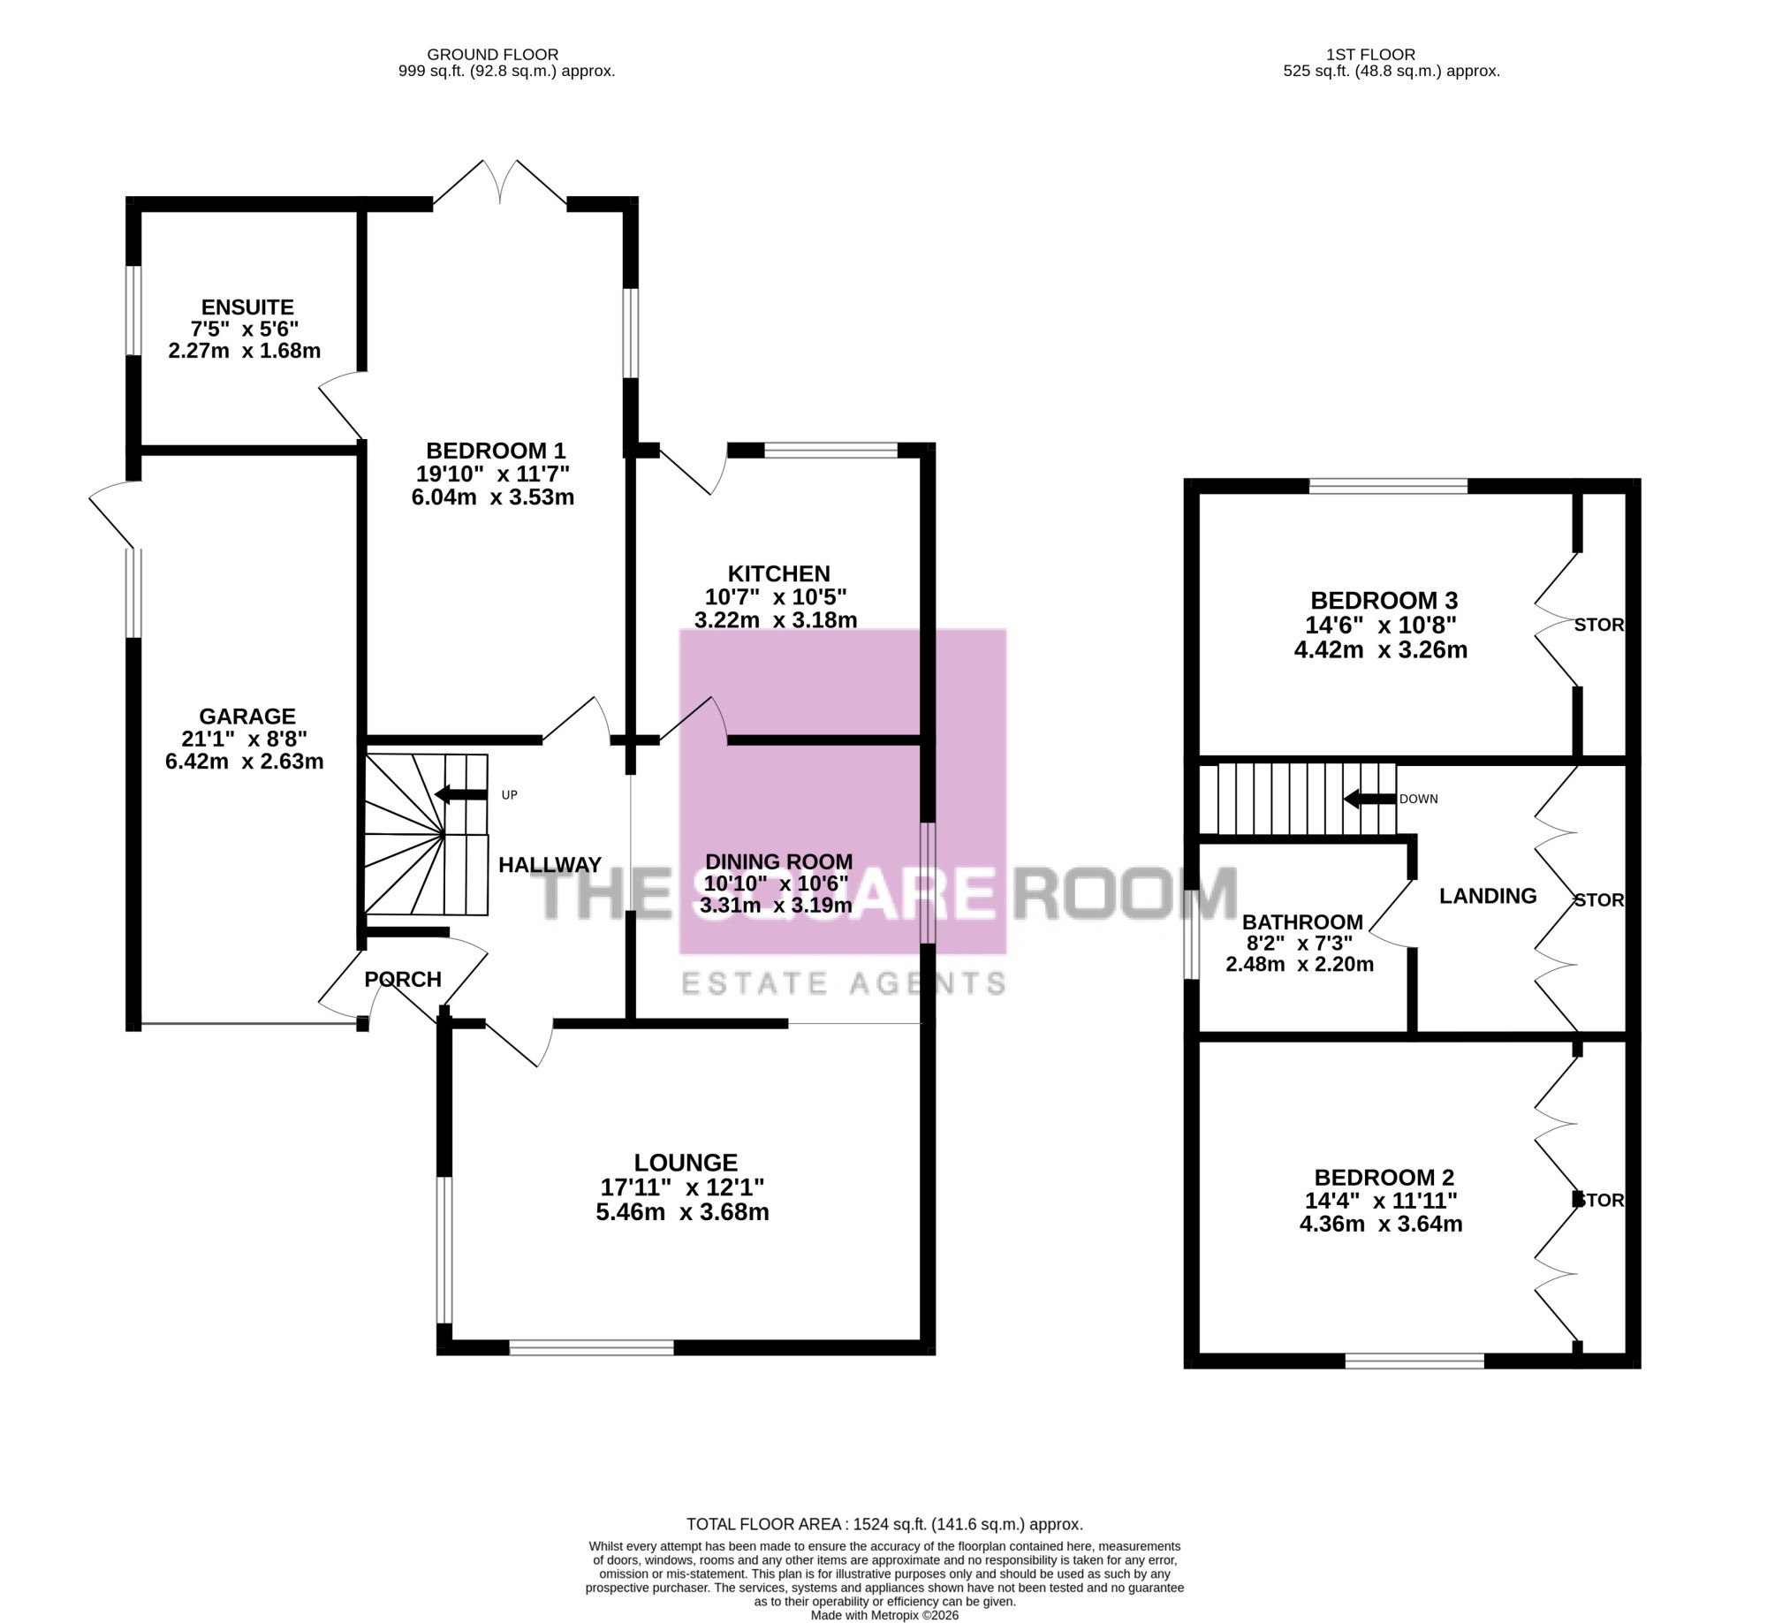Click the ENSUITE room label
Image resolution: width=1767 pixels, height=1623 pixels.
[247, 307]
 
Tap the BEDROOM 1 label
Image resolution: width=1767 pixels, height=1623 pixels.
[496, 451]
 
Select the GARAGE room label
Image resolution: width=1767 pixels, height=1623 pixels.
[247, 717]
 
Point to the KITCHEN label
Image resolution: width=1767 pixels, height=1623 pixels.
[778, 573]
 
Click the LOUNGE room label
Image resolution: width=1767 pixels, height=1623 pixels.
[686, 1163]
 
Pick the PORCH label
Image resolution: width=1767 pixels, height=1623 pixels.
[403, 979]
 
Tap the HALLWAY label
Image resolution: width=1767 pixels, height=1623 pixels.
[550, 865]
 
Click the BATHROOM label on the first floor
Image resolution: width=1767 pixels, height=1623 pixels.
[1302, 922]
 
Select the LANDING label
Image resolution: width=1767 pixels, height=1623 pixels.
[1488, 896]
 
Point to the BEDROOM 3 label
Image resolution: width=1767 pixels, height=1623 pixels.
[1384, 601]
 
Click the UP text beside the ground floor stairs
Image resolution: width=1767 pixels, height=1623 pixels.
[510, 795]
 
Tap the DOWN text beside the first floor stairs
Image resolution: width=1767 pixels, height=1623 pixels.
[1418, 799]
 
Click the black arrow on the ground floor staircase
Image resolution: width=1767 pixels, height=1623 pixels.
[460, 795]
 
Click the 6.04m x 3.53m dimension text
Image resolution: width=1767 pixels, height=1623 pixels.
[493, 497]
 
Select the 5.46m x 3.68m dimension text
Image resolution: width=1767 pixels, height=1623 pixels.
[682, 1212]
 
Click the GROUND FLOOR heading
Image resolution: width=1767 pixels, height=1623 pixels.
[493, 55]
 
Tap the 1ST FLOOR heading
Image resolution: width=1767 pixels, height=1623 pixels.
[1370, 55]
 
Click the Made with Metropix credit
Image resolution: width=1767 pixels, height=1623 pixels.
[884, 1615]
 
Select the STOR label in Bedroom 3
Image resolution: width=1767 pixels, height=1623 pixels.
[1599, 625]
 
